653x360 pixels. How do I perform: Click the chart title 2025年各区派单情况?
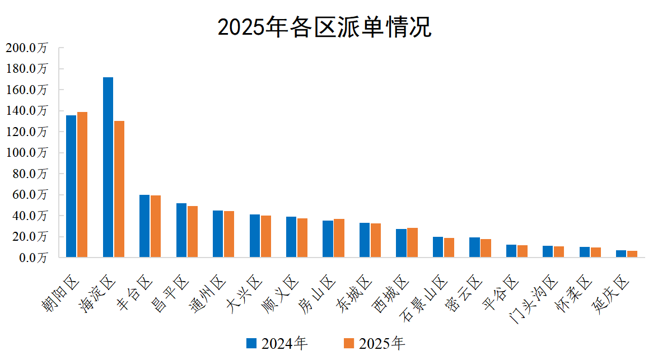pyautogui.click(x=324, y=27)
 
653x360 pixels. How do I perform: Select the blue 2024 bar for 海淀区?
pyautogui.click(x=108, y=167)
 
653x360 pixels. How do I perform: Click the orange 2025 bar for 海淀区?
pyautogui.click(x=119, y=189)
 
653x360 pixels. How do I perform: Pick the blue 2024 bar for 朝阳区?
pyautogui.click(x=71, y=186)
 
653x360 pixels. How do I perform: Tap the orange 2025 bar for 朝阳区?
pyautogui.click(x=82, y=185)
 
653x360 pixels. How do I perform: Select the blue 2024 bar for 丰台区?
pyautogui.click(x=144, y=226)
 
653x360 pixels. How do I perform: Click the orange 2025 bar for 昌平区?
pyautogui.click(x=193, y=232)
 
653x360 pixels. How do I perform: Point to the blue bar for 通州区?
pyautogui.click(x=218, y=234)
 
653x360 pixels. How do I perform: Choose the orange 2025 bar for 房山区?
pyautogui.click(x=339, y=238)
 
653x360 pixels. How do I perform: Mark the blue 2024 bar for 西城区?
pyautogui.click(x=401, y=243)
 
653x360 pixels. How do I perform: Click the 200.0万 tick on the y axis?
pyautogui.click(x=27, y=48)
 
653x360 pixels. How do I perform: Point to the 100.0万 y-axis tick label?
pyautogui.click(x=27, y=153)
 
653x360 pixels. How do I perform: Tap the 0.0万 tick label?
pyautogui.click(x=31, y=258)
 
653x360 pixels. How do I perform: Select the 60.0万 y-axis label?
pyautogui.click(x=29, y=195)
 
